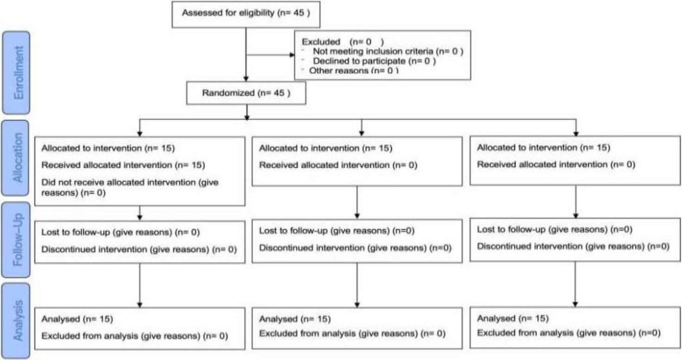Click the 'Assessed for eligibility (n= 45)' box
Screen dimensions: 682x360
click(246, 15)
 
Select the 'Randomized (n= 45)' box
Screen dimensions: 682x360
click(246, 93)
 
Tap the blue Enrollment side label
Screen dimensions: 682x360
click(16, 72)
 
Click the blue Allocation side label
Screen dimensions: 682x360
click(16, 158)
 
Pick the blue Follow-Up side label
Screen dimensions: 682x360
click(16, 240)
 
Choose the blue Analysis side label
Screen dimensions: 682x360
click(16, 321)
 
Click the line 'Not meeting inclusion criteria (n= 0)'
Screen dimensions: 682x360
click(388, 51)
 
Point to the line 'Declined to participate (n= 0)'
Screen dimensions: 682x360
click(374, 61)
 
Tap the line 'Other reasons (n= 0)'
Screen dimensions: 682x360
click(354, 71)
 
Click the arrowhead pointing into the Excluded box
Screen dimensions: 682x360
click(292, 55)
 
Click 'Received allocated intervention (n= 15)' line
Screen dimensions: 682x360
click(123, 165)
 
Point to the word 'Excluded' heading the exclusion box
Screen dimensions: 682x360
click(321, 42)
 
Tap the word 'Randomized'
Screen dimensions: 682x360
click(228, 93)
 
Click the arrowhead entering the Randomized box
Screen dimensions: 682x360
click(246, 79)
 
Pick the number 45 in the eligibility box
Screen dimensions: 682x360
click(299, 13)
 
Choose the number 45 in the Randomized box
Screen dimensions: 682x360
click(279, 93)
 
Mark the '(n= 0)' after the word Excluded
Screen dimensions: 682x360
click(366, 42)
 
